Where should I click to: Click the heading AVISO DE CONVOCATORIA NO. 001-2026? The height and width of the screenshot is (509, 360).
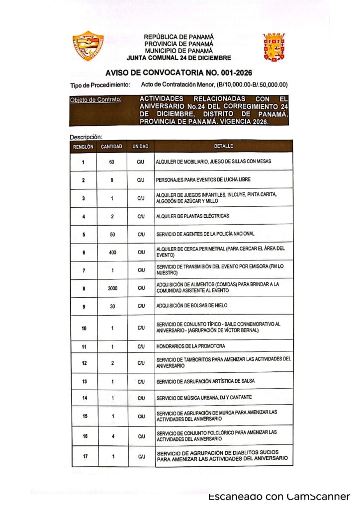pyautogui.click(x=179, y=73)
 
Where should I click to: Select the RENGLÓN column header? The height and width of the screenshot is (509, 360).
pyautogui.click(x=83, y=147)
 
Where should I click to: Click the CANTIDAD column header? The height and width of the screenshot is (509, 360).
pyautogui.click(x=112, y=147)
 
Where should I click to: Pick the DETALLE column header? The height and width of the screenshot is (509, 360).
pyautogui.click(x=223, y=147)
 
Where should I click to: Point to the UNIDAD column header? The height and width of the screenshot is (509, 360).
pyautogui.click(x=141, y=147)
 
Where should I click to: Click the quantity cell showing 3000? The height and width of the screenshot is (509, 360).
pyautogui.click(x=112, y=288)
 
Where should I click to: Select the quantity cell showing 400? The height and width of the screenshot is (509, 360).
pyautogui.click(x=112, y=252)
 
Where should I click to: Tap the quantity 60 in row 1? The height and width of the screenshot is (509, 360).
pyautogui.click(x=112, y=162)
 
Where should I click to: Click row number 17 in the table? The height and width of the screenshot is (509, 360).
pyautogui.click(x=84, y=456)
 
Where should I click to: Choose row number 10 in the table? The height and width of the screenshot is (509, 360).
pyautogui.click(x=84, y=328)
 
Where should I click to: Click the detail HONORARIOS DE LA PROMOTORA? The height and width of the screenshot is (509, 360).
pyautogui.click(x=190, y=346)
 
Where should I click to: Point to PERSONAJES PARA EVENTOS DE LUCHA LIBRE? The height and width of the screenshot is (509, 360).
pyautogui.click(x=203, y=179)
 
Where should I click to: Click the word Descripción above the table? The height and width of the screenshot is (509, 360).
pyautogui.click(x=86, y=137)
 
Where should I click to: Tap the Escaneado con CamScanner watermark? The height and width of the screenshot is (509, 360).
pyautogui.click(x=279, y=497)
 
